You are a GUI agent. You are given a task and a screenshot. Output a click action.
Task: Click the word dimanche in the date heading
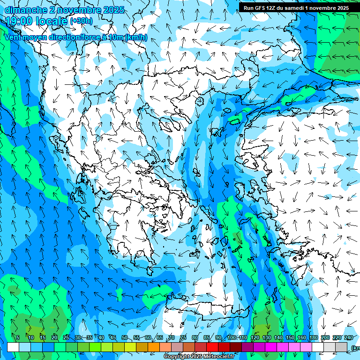click(25, 10)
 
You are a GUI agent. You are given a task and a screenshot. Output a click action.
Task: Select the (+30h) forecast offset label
click(81, 21)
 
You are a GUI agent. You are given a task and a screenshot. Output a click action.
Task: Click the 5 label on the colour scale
click(18, 338)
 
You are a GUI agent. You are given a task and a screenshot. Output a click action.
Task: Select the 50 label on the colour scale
click(124, 338)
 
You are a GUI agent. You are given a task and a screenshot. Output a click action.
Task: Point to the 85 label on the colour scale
click(207, 338)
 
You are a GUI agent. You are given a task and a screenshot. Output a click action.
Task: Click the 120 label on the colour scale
click(255, 338)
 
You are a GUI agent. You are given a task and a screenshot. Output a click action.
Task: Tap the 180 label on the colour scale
click(314, 338)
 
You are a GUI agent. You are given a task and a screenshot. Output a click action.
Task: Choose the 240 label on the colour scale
click(349, 338)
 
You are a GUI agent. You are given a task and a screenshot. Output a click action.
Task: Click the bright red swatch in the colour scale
click(212, 347)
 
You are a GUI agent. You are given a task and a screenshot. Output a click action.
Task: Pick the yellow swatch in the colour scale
click(118, 347)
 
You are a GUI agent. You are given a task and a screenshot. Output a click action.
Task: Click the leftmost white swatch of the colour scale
click(13, 347)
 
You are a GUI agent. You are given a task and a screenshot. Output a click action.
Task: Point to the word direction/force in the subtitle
click(72, 37)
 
